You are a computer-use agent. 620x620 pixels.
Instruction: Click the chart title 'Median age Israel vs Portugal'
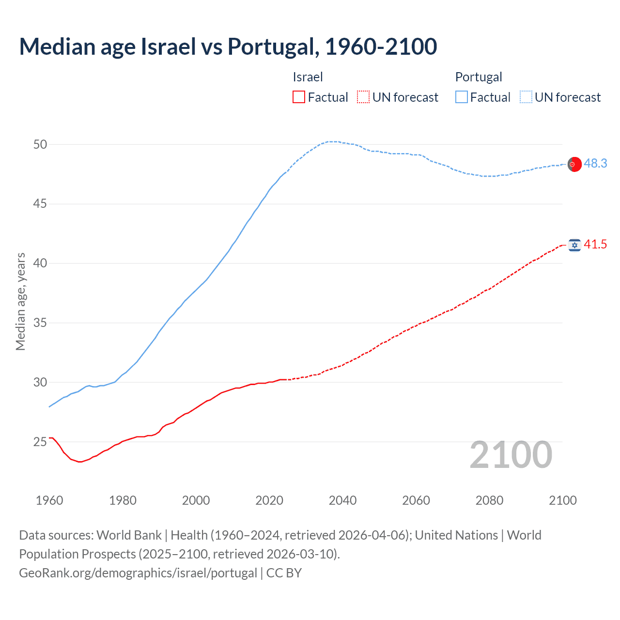tap(228, 46)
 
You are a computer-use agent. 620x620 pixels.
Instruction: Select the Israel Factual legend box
tap(299, 97)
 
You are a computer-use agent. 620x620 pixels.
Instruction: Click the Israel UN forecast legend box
tap(363, 97)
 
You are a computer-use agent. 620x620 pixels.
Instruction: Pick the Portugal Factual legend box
tap(461, 97)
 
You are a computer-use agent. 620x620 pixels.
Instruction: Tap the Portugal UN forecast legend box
tap(526, 97)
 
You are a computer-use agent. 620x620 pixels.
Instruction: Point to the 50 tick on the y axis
tap(40, 144)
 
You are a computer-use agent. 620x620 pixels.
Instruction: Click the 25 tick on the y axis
tap(40, 442)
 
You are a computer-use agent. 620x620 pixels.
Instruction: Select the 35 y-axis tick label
tap(40, 323)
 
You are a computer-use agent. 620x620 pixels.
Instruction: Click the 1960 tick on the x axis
tap(49, 500)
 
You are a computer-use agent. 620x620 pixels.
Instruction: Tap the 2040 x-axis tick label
tap(342, 500)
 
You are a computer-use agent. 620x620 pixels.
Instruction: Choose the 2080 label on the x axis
tap(489, 500)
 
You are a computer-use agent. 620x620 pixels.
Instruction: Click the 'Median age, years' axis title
tap(20, 301)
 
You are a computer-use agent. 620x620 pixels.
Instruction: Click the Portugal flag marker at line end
tap(574, 164)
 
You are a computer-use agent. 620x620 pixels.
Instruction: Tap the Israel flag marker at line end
tap(574, 245)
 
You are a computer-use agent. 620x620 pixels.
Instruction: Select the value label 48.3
tap(595, 164)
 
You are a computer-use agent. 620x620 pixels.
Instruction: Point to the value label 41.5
tap(595, 245)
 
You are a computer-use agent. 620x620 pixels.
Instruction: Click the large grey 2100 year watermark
tap(511, 455)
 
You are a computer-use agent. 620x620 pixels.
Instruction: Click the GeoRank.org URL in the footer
tap(138, 573)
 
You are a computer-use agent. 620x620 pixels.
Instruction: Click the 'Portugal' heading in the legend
tap(479, 77)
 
